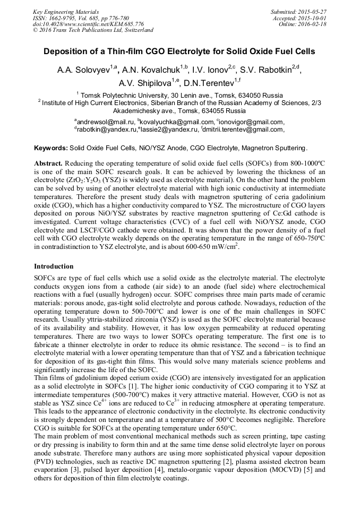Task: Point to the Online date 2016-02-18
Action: point(312,24)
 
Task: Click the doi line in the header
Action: point(88,24)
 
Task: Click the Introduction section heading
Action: point(54,266)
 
